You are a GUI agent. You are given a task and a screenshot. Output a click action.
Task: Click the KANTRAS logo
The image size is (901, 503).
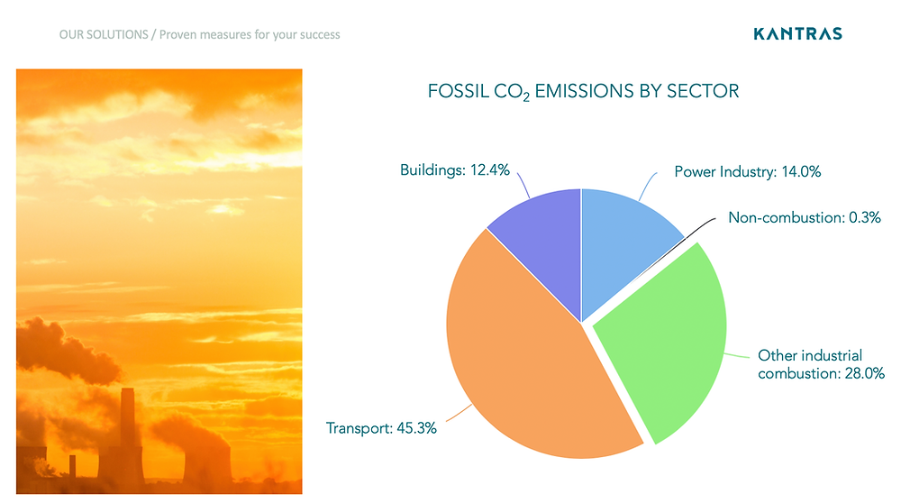797,34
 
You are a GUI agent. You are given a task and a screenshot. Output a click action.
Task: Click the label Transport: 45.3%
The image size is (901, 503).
381,428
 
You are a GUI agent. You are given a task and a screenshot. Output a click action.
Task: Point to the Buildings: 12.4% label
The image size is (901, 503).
454,170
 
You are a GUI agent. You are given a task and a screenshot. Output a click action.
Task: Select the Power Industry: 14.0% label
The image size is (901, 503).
748,172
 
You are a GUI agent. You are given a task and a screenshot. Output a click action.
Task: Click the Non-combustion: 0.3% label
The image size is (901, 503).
805,217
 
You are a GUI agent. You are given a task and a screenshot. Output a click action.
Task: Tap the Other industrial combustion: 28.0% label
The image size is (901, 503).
821,364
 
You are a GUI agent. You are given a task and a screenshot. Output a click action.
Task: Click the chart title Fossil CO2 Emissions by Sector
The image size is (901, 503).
583,92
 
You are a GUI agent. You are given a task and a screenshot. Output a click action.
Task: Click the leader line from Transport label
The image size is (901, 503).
460,413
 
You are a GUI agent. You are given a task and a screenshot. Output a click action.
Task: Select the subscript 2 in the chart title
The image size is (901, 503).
526,97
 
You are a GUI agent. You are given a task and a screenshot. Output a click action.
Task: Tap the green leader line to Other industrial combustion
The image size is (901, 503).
737,355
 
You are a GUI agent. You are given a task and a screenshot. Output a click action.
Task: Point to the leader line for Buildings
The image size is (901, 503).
523,185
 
